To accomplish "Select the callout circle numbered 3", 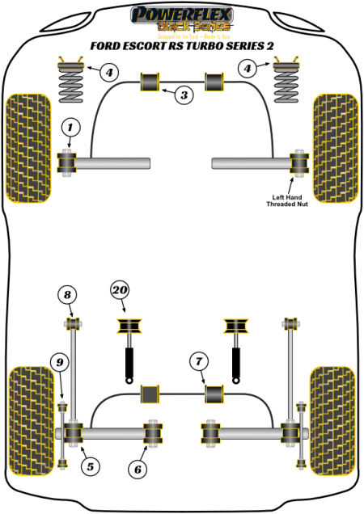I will point(184,95).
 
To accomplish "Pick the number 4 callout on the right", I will point(252,69).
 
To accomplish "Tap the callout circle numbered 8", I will point(68,295).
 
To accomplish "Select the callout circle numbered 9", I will point(58,362).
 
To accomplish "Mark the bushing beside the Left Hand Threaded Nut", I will point(298,162).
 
